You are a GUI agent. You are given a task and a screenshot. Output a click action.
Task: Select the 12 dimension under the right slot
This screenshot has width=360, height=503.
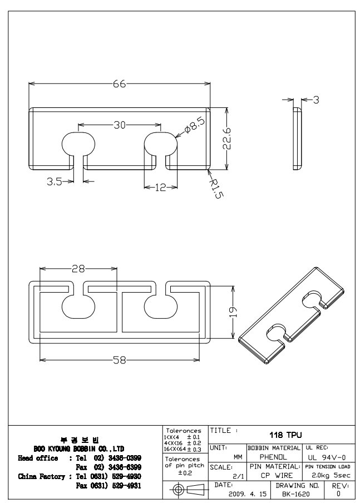pyautogui.click(x=161, y=188)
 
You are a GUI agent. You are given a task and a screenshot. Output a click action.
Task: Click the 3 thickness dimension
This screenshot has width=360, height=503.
pyautogui.click(x=315, y=100)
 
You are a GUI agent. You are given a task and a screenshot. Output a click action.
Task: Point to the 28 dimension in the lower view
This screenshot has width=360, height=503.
pyautogui.click(x=78, y=268)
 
